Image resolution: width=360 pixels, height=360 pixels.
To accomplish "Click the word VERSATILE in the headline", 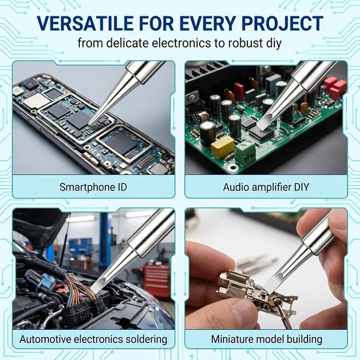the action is tap(85, 24).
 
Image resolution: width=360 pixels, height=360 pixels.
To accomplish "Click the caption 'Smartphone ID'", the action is tap(93, 187).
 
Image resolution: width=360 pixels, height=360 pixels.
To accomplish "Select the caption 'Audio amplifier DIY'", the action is tap(266, 187).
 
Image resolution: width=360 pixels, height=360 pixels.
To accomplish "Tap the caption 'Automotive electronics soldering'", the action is tap(93, 339).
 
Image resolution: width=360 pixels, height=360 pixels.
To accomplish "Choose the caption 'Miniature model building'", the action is tap(266, 339).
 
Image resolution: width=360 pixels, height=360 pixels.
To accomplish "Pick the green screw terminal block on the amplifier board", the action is tap(245, 152).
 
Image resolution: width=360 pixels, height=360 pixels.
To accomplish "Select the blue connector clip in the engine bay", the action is tap(47, 282).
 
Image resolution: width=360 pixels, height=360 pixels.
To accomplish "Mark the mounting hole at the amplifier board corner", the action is tap(233, 168).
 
